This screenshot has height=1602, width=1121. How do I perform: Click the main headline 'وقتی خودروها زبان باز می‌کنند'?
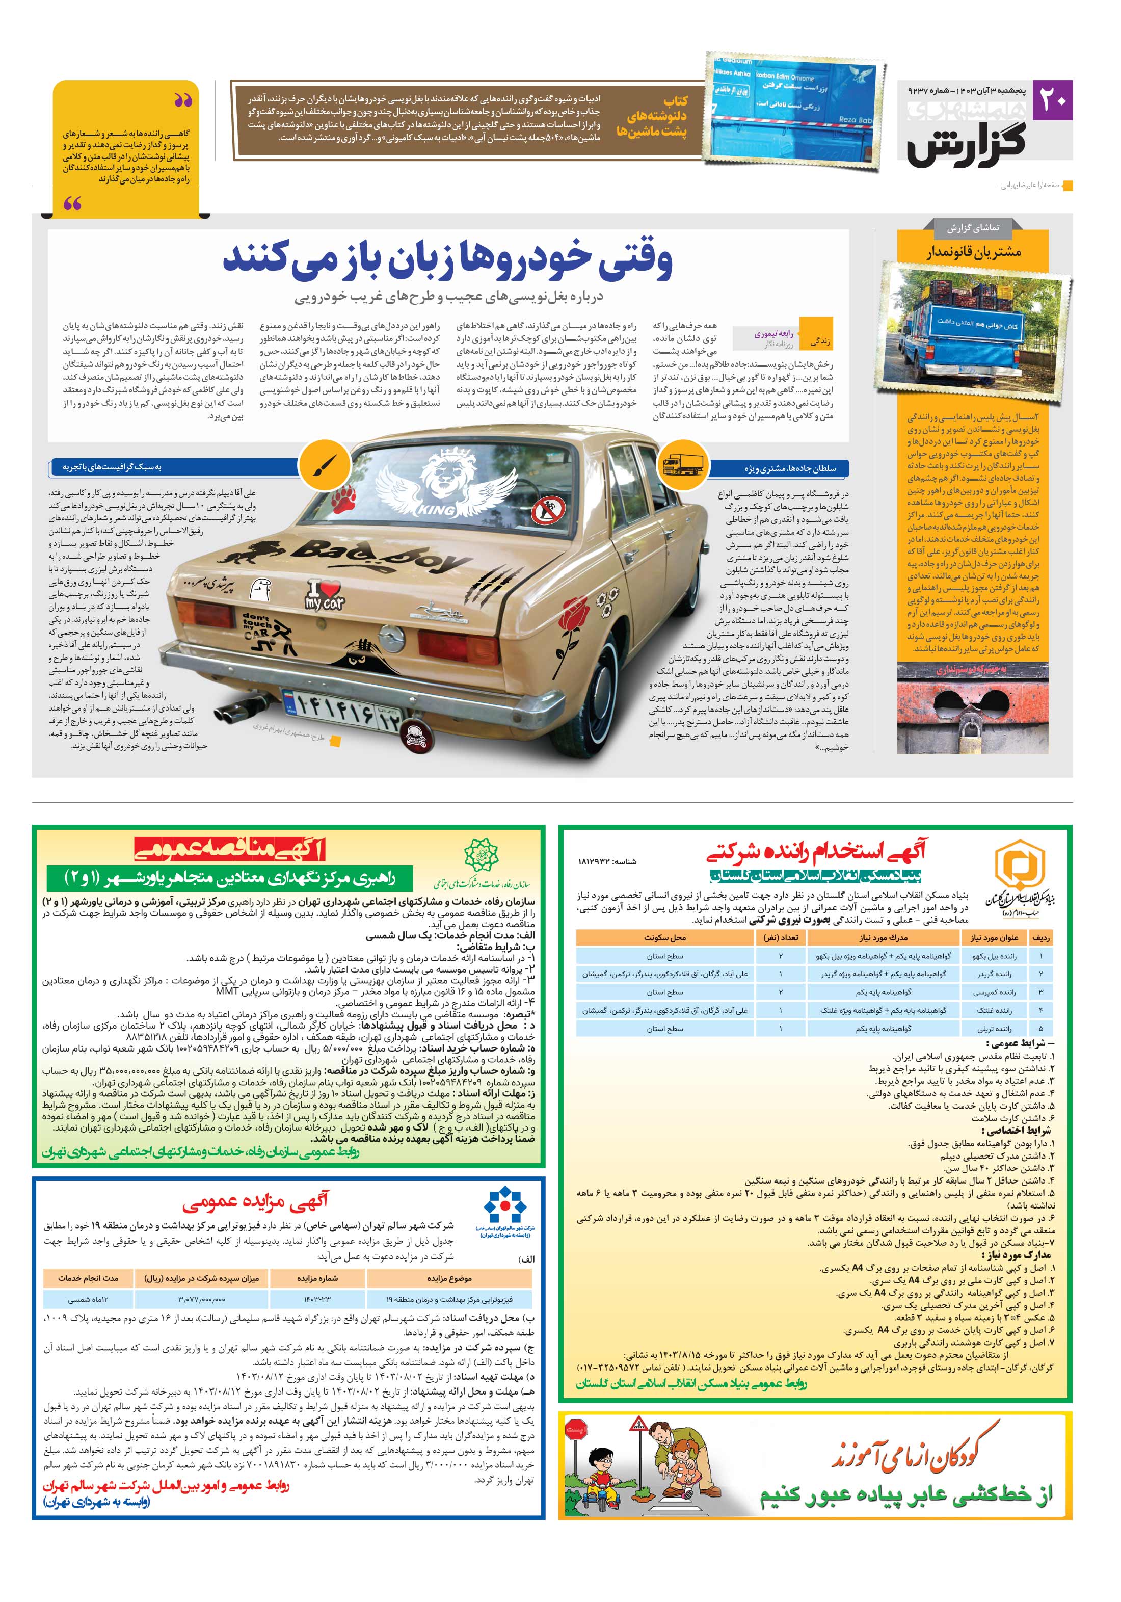[448, 259]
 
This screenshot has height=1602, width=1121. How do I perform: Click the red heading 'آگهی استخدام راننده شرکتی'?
[815, 851]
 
